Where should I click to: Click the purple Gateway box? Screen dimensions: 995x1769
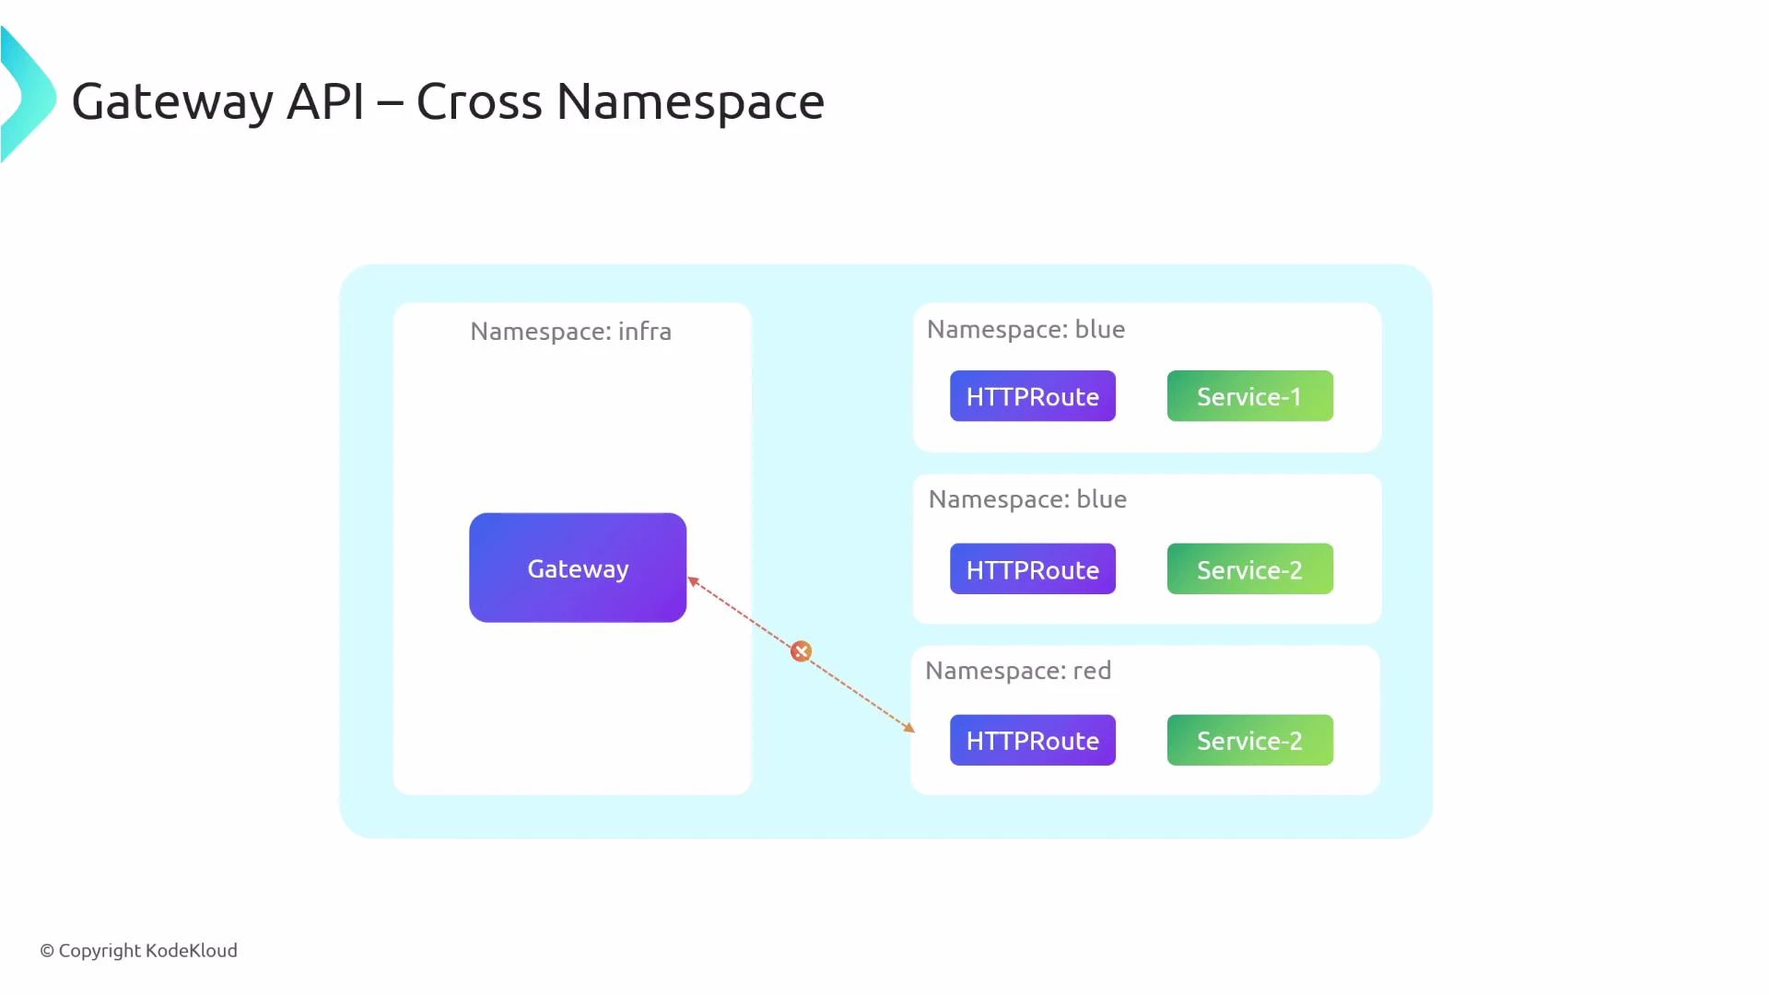[x=578, y=568]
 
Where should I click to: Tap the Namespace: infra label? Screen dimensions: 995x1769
[x=570, y=332]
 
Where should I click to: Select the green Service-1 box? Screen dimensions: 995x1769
[x=1249, y=396]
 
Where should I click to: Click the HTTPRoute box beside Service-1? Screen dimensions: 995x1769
[x=1032, y=396]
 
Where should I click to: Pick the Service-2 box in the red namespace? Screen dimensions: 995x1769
[x=1249, y=740]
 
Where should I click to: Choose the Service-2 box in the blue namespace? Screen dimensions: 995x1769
[x=1249, y=569]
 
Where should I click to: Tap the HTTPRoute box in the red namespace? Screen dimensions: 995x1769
[x=1032, y=740]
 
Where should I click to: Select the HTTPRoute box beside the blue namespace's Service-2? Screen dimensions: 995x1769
[x=1032, y=569]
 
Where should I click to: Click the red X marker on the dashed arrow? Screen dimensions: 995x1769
[x=801, y=651]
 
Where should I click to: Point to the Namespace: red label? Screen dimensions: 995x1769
[x=1017, y=671]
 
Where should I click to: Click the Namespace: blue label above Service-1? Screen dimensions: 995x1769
[x=1025, y=330]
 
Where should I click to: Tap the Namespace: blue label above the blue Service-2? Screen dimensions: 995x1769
[x=1027, y=499]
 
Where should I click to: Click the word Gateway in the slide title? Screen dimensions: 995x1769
[x=172, y=101]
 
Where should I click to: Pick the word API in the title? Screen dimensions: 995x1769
[x=325, y=101]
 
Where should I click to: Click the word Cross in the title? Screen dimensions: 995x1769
[x=478, y=101]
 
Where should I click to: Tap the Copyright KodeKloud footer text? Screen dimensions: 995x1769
[x=139, y=950]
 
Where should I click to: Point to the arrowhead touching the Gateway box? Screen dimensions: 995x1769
[x=694, y=581]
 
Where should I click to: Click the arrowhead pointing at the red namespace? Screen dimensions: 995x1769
[x=908, y=728]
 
